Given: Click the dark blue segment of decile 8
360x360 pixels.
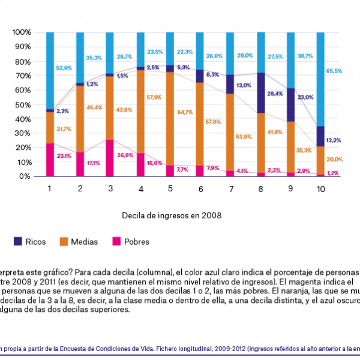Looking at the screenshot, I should pos(261,93).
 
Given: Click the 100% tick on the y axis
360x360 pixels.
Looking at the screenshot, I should pos(20,32).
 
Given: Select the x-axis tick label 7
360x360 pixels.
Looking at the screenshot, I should pos(231,188).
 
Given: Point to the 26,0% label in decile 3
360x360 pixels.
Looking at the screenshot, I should pos(125,155).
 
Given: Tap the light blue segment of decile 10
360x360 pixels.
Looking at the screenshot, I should pos(321,78).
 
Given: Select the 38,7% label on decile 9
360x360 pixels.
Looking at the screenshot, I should pos(305,55).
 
